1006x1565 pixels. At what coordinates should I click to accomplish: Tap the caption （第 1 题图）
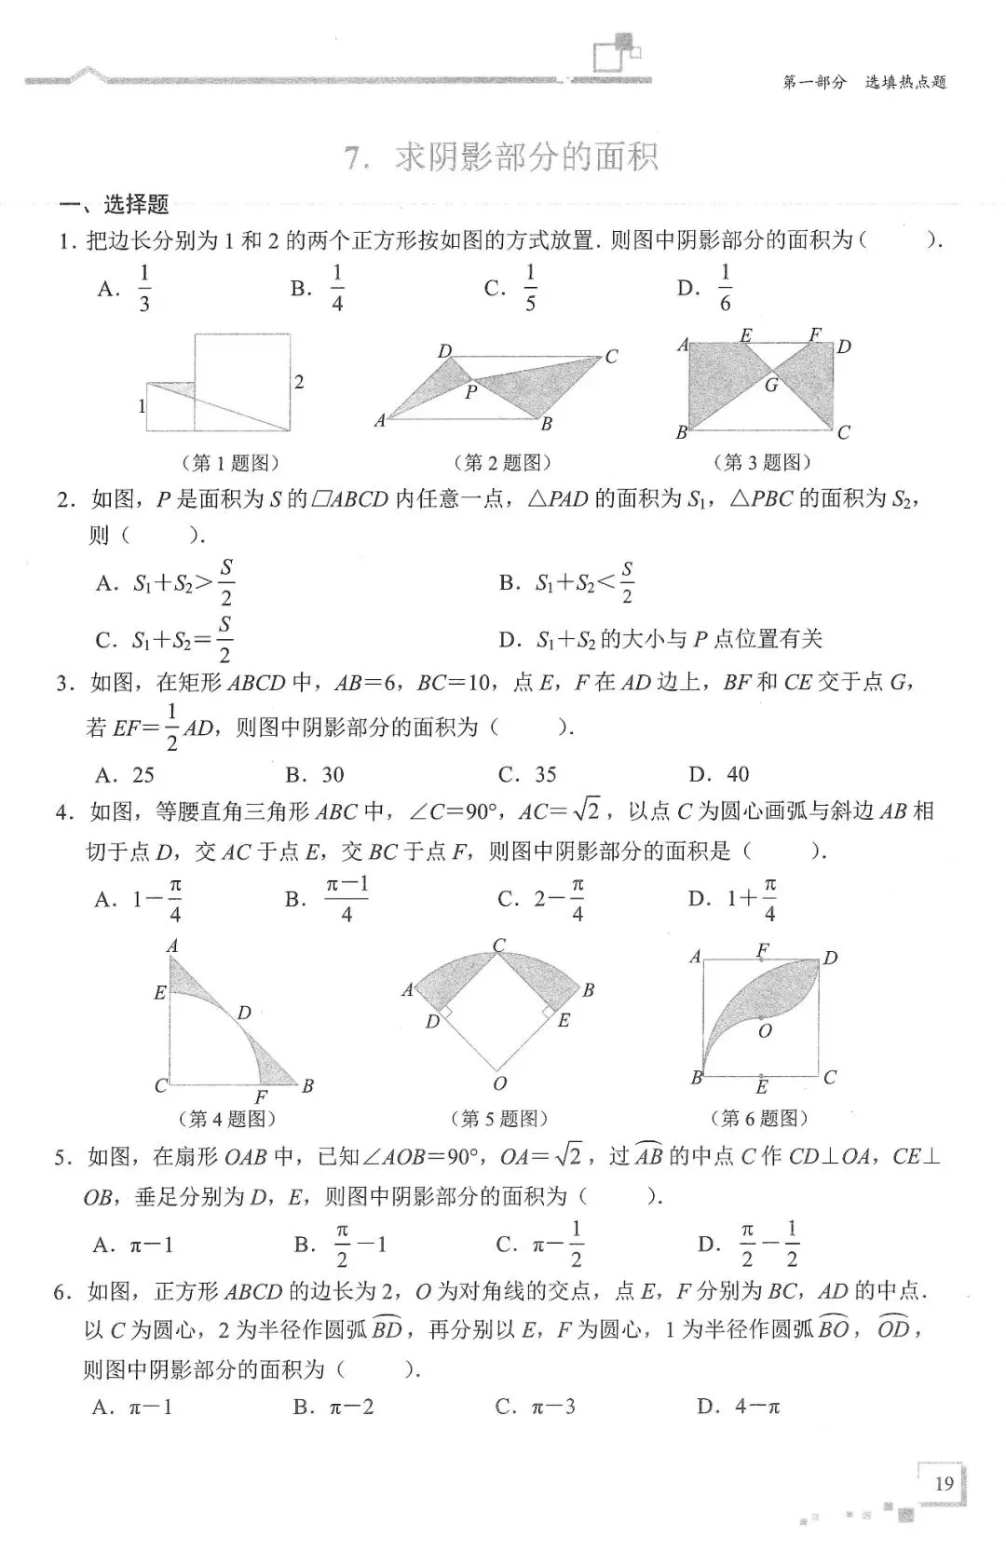228,462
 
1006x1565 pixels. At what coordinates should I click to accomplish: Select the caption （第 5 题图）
499,1118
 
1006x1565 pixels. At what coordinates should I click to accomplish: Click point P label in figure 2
471,392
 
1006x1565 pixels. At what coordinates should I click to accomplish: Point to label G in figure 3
771,384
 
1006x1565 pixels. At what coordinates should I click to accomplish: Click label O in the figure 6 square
765,1030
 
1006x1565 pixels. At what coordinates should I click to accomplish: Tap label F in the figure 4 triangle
261,1097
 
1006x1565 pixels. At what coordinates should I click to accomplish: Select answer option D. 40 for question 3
718,774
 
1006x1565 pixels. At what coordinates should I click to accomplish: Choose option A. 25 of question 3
125,774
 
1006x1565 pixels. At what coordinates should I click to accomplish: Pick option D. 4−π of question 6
738,1407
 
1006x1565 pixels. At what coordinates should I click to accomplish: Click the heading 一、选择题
113,204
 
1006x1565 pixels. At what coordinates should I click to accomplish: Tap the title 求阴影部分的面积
526,156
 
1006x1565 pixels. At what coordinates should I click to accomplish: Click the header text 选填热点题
905,82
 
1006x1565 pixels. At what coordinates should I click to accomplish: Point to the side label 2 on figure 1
299,381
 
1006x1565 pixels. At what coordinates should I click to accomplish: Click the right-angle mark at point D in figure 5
445,1012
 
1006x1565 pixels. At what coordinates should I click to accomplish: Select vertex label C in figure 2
611,356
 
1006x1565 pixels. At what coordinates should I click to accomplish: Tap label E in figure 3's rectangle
745,334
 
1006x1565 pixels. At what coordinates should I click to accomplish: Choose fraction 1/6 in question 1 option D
725,287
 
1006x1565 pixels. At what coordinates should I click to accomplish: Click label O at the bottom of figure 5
500,1083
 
